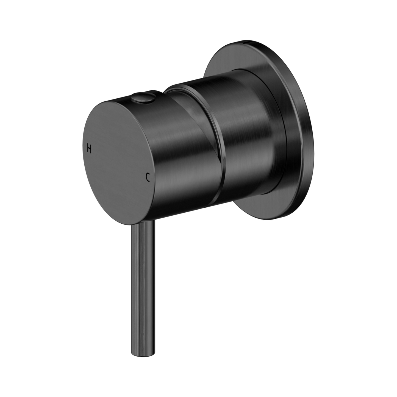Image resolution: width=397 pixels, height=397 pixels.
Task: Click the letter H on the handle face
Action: [89, 149]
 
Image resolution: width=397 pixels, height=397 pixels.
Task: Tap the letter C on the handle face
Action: [148, 178]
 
